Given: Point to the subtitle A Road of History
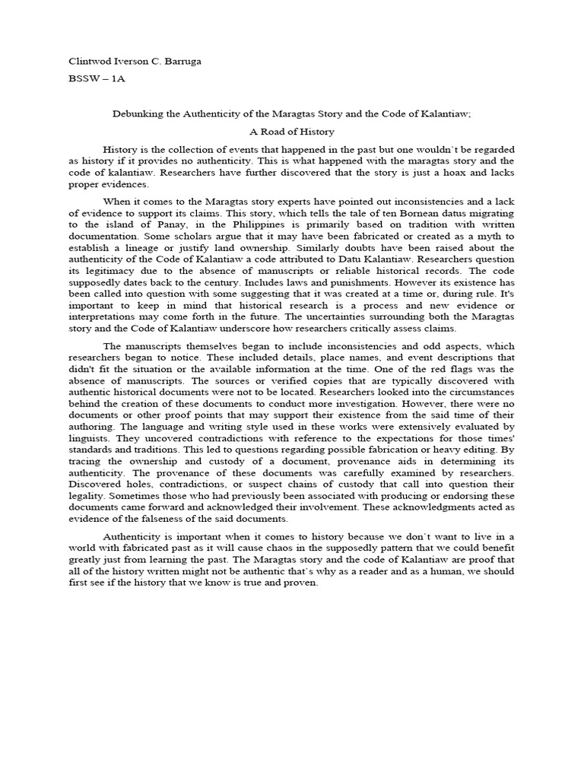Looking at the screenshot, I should tap(291, 132).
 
